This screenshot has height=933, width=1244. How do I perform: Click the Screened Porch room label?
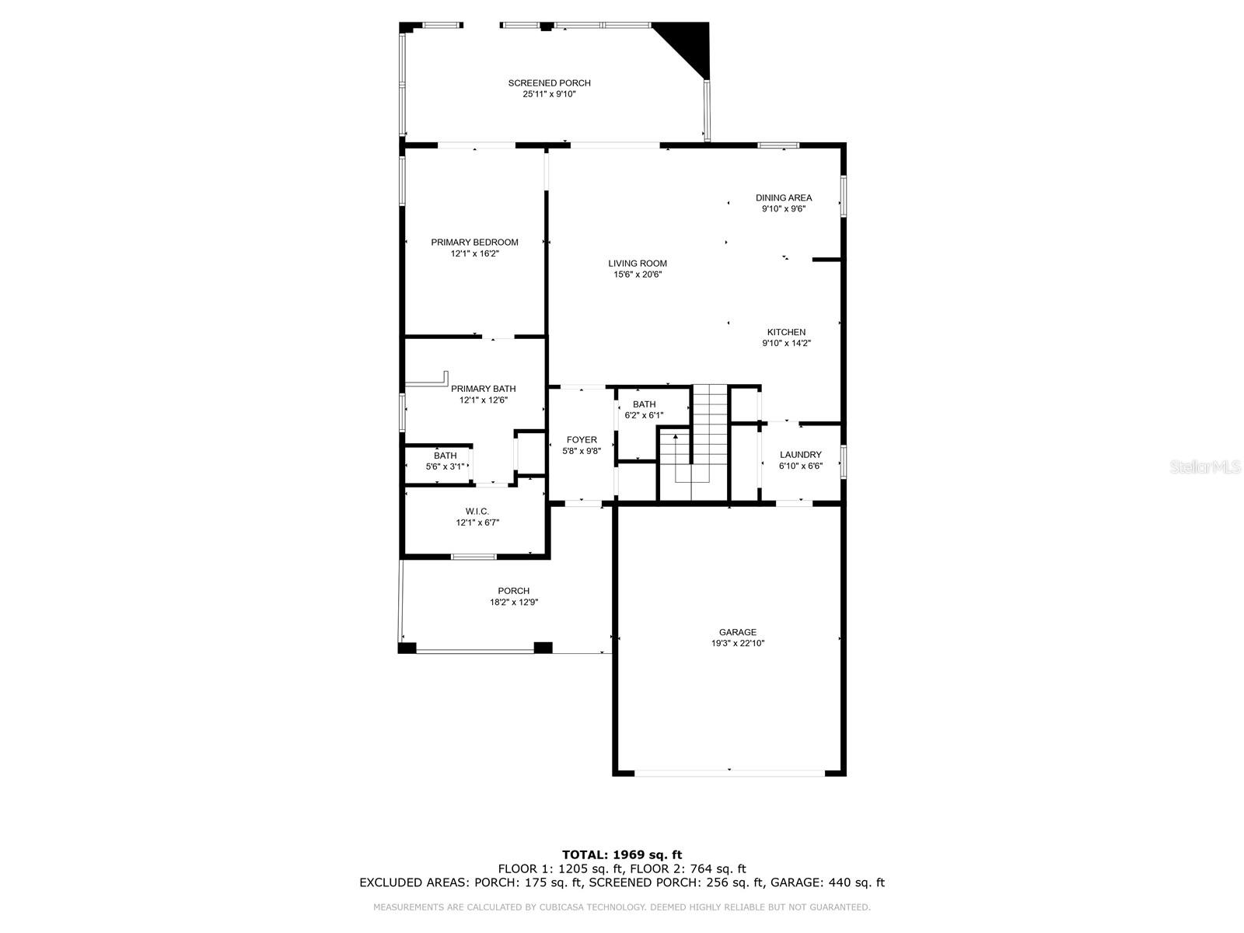pos(549,83)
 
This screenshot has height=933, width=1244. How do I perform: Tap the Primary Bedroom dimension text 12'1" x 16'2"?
pos(474,253)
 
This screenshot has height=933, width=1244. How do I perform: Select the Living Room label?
pos(638,264)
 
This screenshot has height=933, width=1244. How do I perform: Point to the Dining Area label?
pos(784,197)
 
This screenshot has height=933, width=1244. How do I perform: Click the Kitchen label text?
pos(786,332)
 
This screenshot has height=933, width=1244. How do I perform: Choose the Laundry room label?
pos(800,455)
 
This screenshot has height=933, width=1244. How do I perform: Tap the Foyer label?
pos(582,440)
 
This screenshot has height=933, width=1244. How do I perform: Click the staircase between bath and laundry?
pos(709,435)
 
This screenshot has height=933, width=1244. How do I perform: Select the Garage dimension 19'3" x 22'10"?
pos(737,644)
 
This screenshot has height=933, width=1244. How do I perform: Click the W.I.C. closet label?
pos(477,511)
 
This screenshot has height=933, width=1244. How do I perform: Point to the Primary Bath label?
pos(483,389)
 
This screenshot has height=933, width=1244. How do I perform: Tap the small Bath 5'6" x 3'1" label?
pos(446,456)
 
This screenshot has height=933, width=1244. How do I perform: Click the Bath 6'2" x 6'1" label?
pos(644,404)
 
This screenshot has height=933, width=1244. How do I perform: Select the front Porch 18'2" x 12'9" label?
pos(513,591)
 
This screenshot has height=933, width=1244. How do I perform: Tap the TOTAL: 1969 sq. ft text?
pos(622,854)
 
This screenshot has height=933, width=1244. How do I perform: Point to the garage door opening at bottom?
pos(729,773)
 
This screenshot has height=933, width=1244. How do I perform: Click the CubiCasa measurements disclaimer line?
pos(622,907)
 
